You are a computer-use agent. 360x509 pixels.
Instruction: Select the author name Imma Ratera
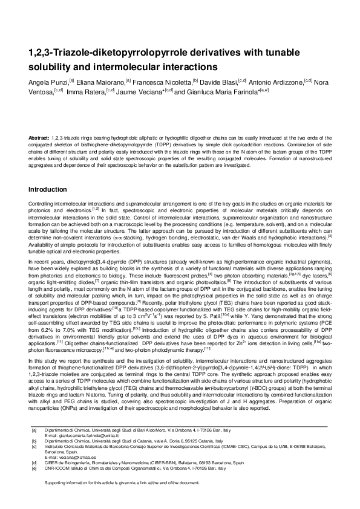pyautogui.click(x=85, y=92)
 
